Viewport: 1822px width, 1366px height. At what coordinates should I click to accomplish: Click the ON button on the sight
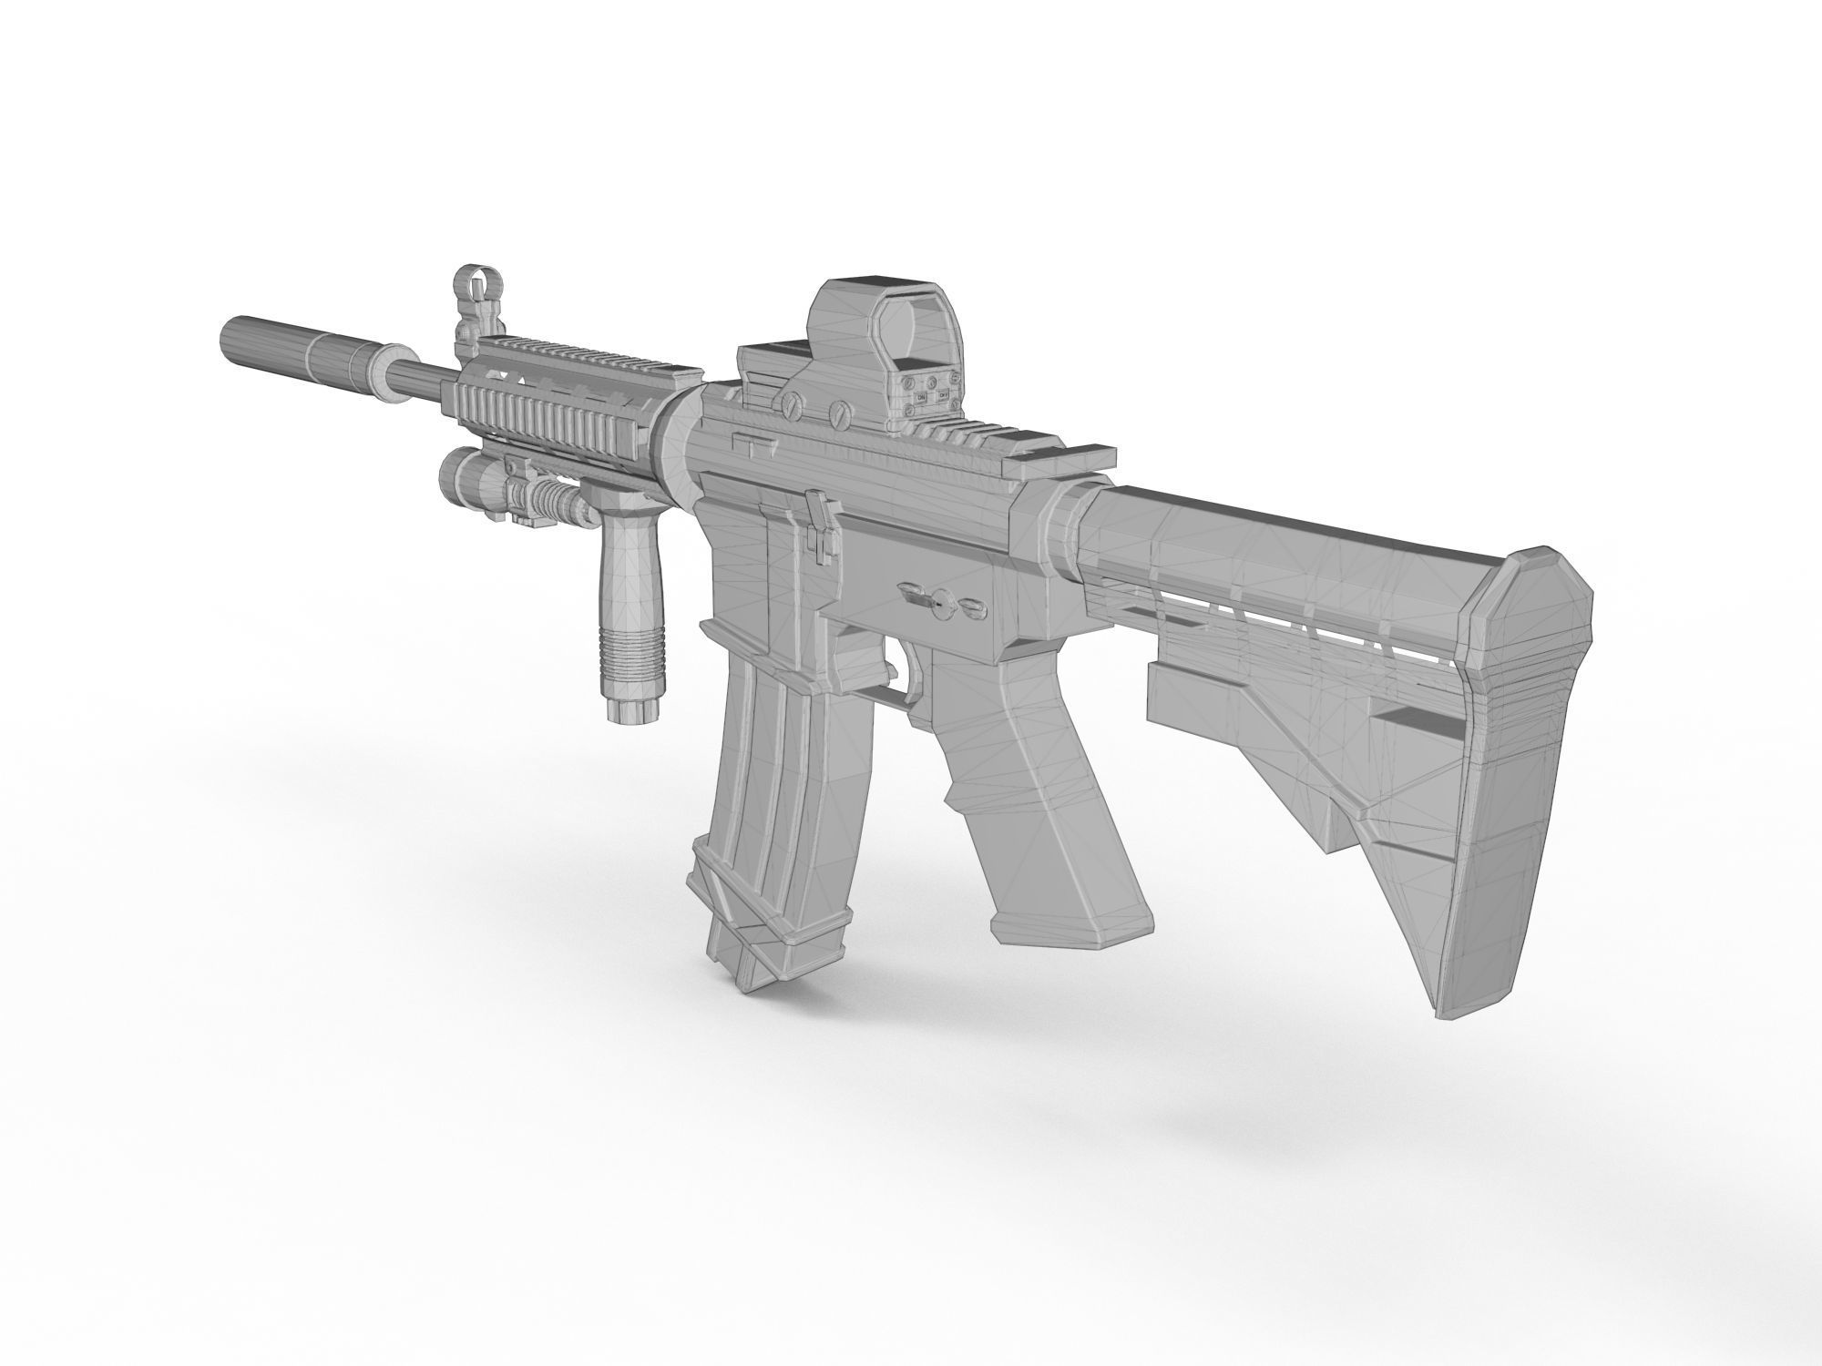[x=921, y=397]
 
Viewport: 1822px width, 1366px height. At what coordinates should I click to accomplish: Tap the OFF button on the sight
[x=944, y=393]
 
